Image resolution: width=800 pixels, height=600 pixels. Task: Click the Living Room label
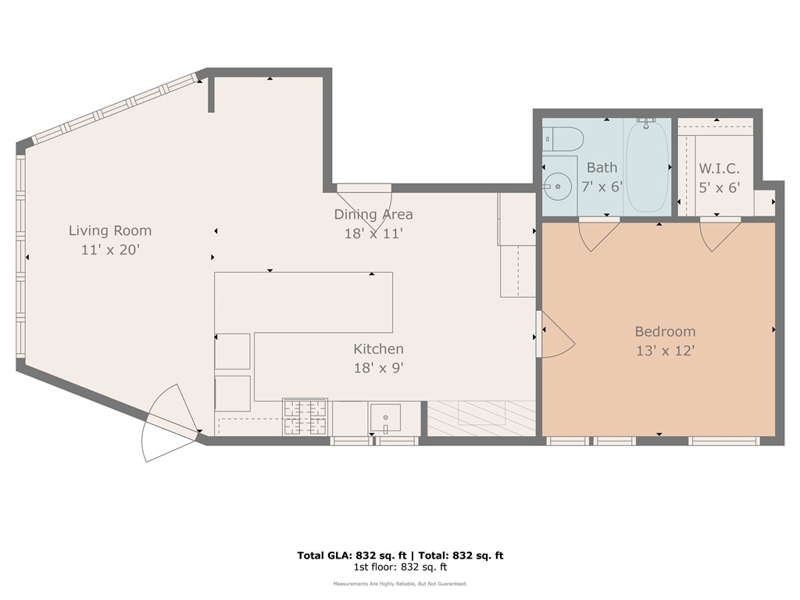tap(110, 230)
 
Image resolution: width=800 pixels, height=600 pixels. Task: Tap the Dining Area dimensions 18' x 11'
tap(373, 233)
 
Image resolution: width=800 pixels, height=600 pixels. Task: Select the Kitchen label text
tap(378, 349)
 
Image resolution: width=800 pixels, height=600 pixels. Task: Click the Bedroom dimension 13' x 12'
tap(665, 351)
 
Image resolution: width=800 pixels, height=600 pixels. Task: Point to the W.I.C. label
tap(719, 169)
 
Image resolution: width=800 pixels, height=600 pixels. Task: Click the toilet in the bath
tap(564, 139)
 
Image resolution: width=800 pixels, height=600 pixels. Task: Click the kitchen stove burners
tap(305, 416)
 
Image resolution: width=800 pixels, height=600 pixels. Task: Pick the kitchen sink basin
tap(386, 417)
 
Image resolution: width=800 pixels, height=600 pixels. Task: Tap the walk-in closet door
tap(719, 235)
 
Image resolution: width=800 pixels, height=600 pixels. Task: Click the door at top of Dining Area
tap(365, 196)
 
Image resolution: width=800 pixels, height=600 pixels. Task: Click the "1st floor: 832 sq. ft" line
tap(400, 567)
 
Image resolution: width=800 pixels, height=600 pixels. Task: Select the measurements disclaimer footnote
tap(400, 584)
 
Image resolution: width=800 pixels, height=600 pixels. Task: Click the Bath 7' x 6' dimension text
tap(602, 187)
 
